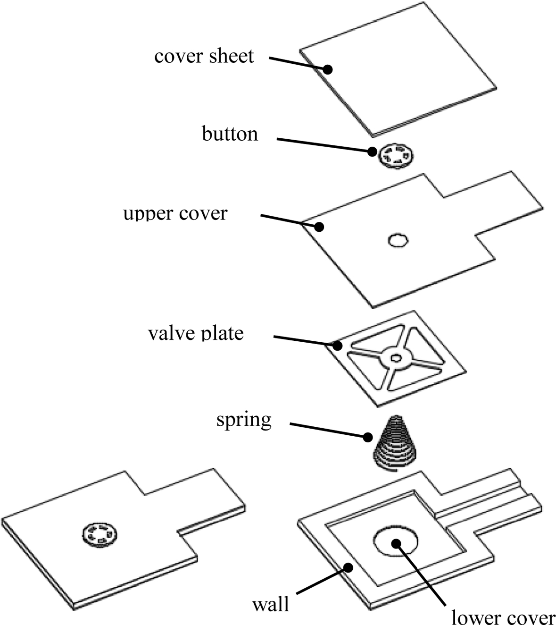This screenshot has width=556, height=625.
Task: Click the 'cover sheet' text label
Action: pos(204,56)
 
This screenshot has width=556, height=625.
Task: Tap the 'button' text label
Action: pos(230,134)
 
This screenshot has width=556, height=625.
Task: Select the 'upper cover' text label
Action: pos(175,213)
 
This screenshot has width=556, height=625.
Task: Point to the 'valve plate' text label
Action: pos(196,333)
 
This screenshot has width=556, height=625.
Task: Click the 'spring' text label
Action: pos(244,420)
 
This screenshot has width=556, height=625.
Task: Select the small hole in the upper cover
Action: pos(398,240)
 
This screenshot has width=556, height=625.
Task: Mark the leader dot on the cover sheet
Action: pos(328,70)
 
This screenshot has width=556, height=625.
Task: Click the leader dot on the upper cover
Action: pos(319,227)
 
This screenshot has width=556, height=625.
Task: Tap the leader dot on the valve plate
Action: pos(337,346)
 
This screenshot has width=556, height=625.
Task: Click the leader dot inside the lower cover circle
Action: pos(397,543)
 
